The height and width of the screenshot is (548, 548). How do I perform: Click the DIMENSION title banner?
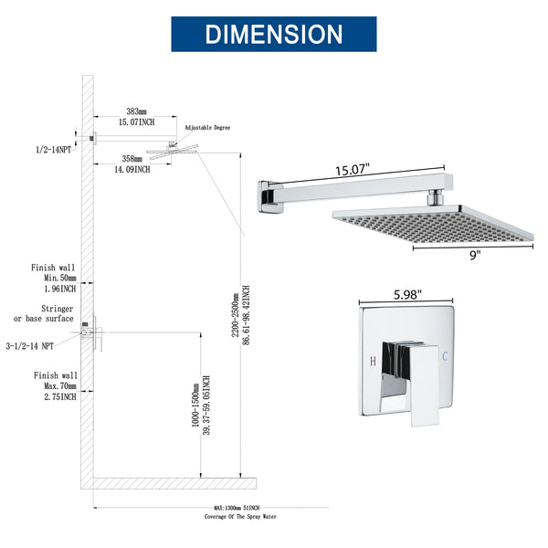(273, 34)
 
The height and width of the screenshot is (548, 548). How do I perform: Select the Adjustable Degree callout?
(208, 128)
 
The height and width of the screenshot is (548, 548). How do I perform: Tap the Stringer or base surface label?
(44, 313)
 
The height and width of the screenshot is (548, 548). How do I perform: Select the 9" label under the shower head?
(473, 257)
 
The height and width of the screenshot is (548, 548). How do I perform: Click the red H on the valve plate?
(373, 362)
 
